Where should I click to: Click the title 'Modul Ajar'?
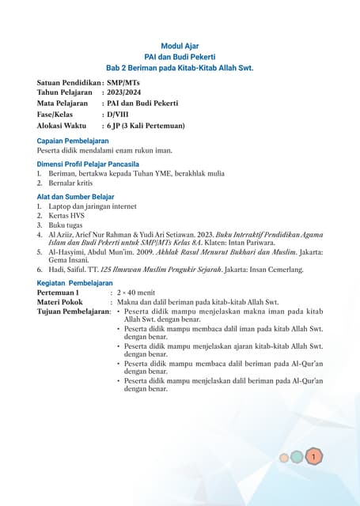[x=180, y=47]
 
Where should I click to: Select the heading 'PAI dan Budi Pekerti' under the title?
[x=180, y=58]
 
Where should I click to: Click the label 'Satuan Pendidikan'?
[x=69, y=81]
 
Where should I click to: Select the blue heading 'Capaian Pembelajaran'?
[x=73, y=141]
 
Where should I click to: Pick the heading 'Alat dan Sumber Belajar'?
[x=76, y=197]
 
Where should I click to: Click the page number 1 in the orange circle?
[x=314, y=456]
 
